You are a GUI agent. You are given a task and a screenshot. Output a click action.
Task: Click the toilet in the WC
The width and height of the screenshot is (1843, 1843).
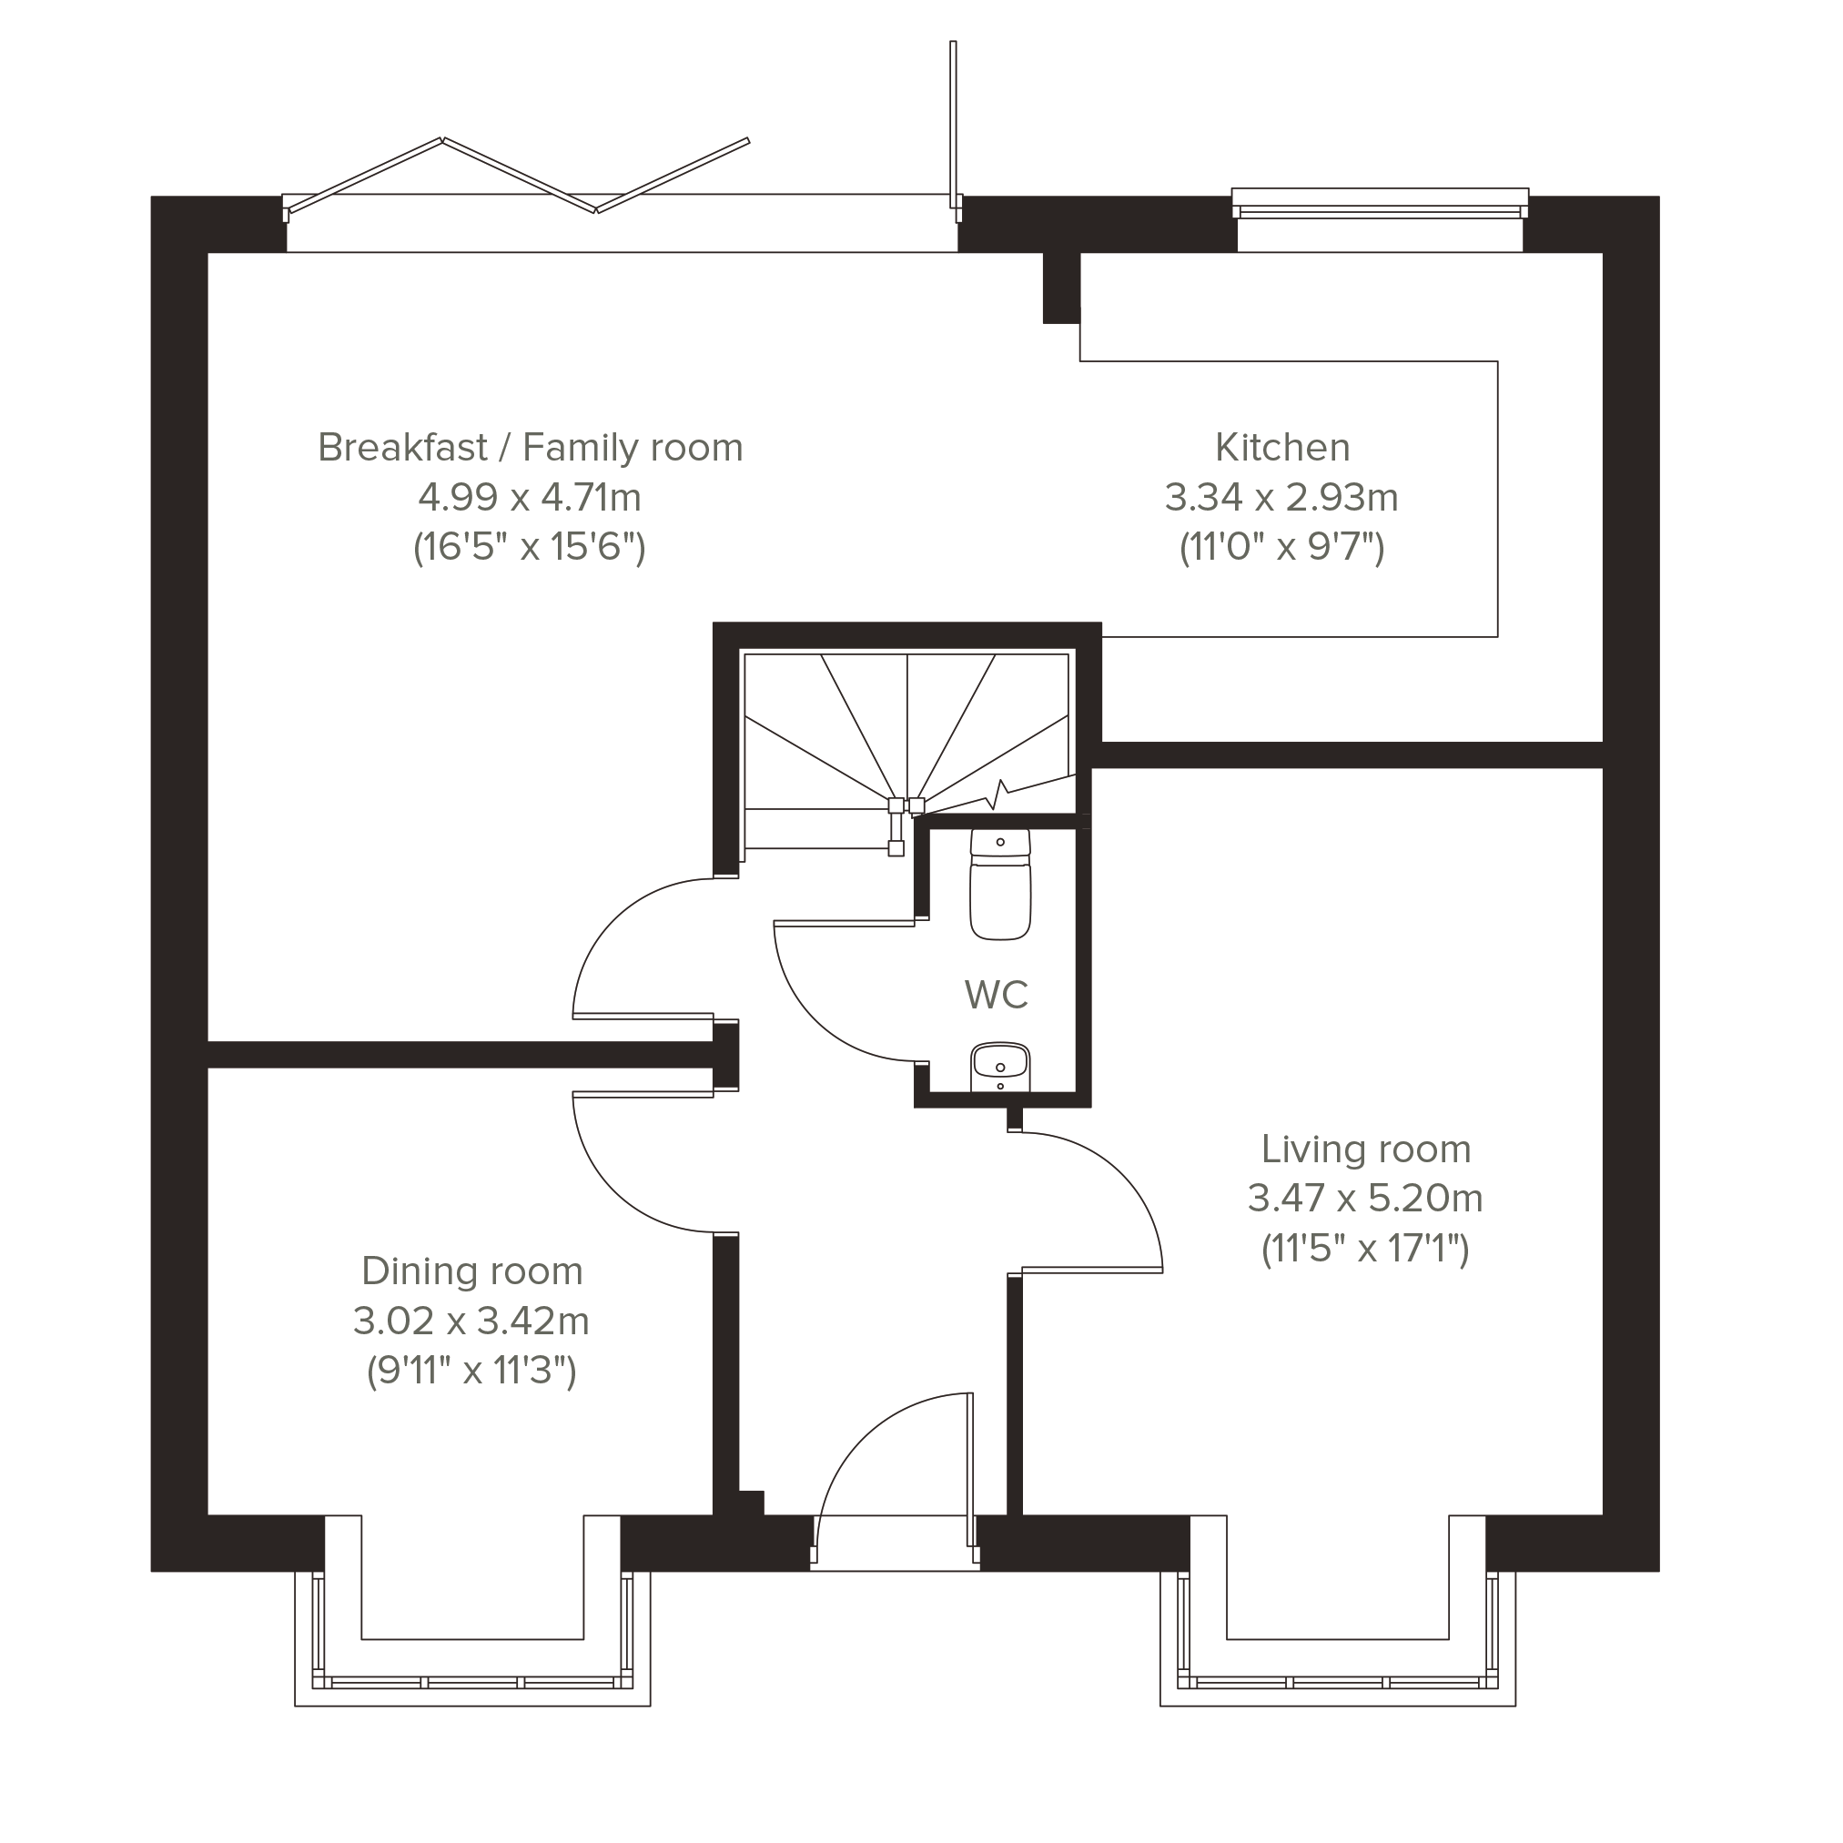[1000, 885]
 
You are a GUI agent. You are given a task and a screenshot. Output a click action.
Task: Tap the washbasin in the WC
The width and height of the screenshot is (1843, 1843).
[999, 1067]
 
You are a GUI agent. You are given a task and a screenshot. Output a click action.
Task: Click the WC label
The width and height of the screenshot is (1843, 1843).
[996, 995]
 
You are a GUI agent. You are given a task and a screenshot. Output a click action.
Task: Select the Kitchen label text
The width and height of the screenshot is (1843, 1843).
[1282, 448]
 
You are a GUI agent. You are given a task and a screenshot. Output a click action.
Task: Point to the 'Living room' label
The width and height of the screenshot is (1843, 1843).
[1366, 1149]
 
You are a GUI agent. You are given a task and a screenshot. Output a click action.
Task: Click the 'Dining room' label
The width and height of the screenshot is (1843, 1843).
[472, 1271]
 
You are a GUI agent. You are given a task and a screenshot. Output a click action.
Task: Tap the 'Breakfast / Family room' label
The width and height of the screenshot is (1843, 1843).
[531, 448]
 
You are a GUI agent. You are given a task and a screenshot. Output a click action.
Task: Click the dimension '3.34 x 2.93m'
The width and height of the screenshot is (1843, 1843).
[1281, 497]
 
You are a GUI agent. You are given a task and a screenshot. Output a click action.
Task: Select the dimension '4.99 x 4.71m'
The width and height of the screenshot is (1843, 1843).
[530, 497]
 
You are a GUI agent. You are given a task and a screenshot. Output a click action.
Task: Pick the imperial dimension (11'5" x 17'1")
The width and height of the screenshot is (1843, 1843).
[1365, 1248]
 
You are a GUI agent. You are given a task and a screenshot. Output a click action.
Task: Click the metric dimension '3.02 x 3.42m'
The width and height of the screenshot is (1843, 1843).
[471, 1321]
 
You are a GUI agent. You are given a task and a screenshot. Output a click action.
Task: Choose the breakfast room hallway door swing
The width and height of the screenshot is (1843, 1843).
[613, 917]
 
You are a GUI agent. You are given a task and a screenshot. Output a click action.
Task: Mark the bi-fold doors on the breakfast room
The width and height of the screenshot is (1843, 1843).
[520, 174]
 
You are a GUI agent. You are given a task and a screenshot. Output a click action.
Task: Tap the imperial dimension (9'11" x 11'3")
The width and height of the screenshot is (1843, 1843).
[471, 1371]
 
